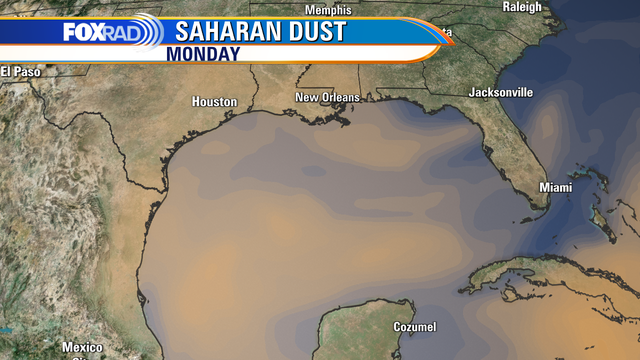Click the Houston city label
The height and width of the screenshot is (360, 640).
tap(215, 102)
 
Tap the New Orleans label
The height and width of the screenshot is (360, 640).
tap(326, 97)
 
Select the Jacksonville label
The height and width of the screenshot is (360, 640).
tap(500, 92)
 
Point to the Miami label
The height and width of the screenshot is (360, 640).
tap(555, 188)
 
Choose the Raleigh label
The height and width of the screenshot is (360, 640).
tap(520, 7)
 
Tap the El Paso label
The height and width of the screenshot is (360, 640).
tap(19, 71)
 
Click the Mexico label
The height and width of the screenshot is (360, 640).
tap(82, 347)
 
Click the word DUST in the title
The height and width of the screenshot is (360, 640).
tap(315, 31)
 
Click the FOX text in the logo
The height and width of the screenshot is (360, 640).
tap(83, 32)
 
